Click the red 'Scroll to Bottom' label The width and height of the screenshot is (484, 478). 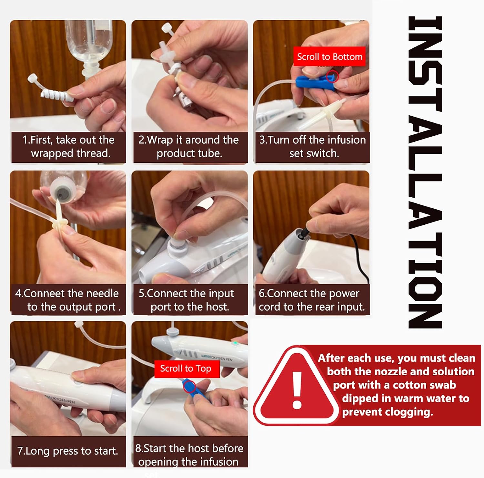click(x=329, y=57)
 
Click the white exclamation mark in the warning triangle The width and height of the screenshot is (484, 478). click(x=297, y=390)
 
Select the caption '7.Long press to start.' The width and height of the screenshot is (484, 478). click(x=68, y=451)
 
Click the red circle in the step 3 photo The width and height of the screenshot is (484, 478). click(x=332, y=77)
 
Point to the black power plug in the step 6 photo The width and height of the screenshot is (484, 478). click(x=304, y=231)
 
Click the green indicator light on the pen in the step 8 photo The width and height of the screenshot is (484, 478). click(x=236, y=343)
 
